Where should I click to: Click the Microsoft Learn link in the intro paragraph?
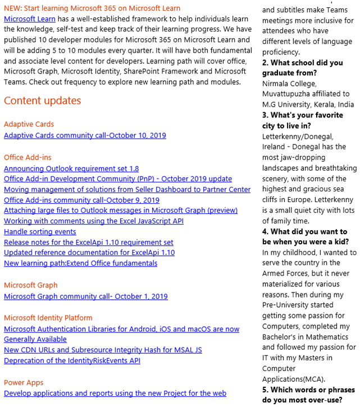(29, 19)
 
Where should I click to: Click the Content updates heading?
(43, 101)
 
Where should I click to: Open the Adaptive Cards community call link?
(85, 135)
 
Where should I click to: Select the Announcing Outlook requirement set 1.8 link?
(71, 168)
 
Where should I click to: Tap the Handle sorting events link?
(40, 232)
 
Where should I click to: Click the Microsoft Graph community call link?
(85, 296)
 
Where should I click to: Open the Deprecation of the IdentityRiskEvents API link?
(72, 360)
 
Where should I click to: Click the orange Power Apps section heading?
(24, 383)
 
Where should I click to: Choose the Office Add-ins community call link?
(81, 200)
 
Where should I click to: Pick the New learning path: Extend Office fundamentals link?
(80, 263)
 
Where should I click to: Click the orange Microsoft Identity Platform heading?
(48, 318)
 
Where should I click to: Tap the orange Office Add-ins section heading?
(28, 157)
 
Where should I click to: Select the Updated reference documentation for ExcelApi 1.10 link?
(89, 253)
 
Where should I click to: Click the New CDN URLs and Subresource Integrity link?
(103, 350)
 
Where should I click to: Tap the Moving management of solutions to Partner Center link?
(127, 190)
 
